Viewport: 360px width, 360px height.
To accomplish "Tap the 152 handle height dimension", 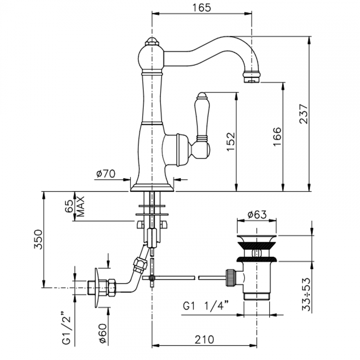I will pyautogui.click(x=230, y=142).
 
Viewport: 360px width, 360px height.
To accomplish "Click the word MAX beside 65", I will pyautogui.click(x=80, y=206).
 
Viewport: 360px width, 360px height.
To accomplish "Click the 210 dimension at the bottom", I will pyautogui.click(x=204, y=340).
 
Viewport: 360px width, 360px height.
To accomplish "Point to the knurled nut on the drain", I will pyautogui.click(x=231, y=277).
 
